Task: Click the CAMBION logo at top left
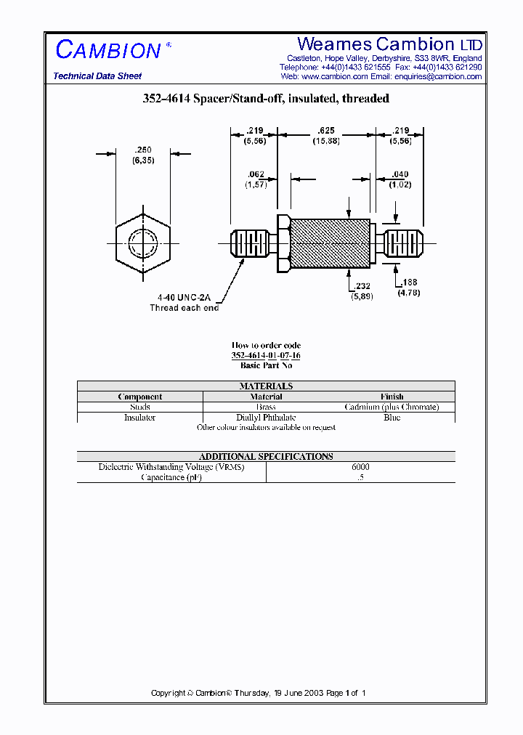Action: pos(109,50)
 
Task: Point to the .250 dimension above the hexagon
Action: pos(142,150)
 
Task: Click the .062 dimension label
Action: pos(256,174)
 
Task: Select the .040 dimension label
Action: pos(400,174)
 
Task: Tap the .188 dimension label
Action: pos(409,283)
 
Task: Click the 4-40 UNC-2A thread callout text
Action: pos(184,298)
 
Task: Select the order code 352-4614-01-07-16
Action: pos(266,355)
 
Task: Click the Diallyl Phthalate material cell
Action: pos(266,418)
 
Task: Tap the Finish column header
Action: pos(392,397)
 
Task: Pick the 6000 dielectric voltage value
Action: pos(360,467)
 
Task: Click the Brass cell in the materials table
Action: pos(266,407)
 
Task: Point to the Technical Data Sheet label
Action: pos(97,76)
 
